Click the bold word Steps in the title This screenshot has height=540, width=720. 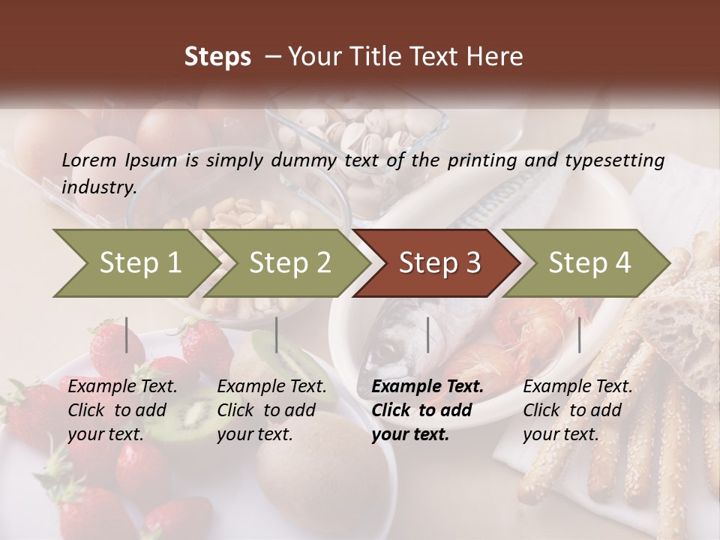point(217,57)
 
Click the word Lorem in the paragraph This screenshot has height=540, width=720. point(89,160)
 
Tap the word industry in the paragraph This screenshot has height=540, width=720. point(98,187)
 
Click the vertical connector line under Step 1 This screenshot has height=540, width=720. point(126,334)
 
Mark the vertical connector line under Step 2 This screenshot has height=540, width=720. point(277,334)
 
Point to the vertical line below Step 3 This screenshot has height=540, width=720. point(427,334)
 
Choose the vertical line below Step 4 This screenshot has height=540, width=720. point(579,334)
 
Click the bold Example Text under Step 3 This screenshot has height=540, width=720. point(427,387)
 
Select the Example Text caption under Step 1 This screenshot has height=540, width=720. point(123,387)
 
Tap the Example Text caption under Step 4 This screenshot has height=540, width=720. point(577,387)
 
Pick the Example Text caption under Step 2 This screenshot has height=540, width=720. point(272,387)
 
